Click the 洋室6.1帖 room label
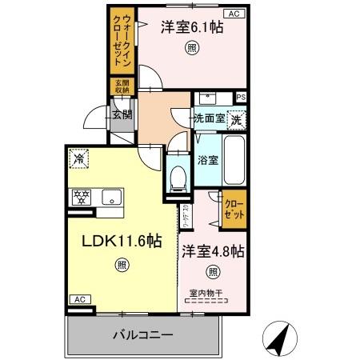[192, 27]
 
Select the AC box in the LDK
[78, 298]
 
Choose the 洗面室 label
[210, 119]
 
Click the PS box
[241, 98]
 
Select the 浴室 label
[208, 158]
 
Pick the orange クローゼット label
[234, 209]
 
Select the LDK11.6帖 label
[121, 241]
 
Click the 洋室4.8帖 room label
[212, 250]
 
